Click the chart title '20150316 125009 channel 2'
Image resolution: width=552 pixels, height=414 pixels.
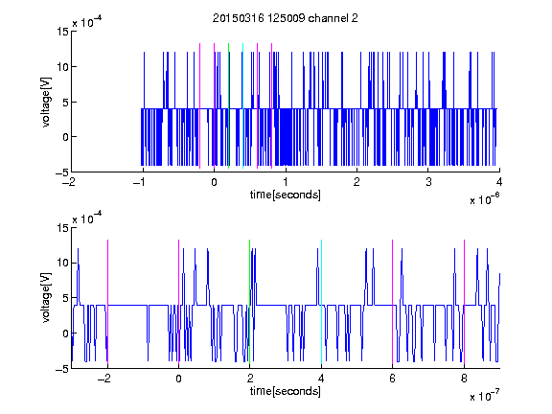286,18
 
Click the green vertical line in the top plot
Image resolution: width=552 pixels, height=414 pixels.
228,106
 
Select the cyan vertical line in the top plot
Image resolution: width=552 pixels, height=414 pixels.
242,106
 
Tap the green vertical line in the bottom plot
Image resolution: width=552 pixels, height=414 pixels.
249,302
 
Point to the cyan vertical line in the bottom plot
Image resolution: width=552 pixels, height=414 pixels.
321,302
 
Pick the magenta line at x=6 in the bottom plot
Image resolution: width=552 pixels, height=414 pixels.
393,302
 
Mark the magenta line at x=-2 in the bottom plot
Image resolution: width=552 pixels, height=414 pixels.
107,302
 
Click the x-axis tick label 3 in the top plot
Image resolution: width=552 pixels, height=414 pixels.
428,182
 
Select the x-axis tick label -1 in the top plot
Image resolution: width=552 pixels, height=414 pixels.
140,182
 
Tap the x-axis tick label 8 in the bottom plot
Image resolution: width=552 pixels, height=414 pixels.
464,379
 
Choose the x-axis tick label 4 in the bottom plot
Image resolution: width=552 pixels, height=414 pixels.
321,379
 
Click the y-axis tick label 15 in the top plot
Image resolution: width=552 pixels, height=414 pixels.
62,32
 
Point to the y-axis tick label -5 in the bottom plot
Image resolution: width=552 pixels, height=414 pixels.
62,369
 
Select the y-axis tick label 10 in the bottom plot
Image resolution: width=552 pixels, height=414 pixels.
62,263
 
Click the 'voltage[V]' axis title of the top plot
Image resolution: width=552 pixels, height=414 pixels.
46,103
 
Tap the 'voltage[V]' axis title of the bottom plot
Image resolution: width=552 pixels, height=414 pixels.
46,298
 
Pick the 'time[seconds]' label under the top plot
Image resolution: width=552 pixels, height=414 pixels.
286,195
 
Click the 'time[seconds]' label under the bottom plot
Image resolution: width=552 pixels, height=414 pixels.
286,391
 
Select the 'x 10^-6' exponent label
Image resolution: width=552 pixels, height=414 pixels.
484,198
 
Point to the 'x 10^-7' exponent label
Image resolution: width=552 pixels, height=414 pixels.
484,395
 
